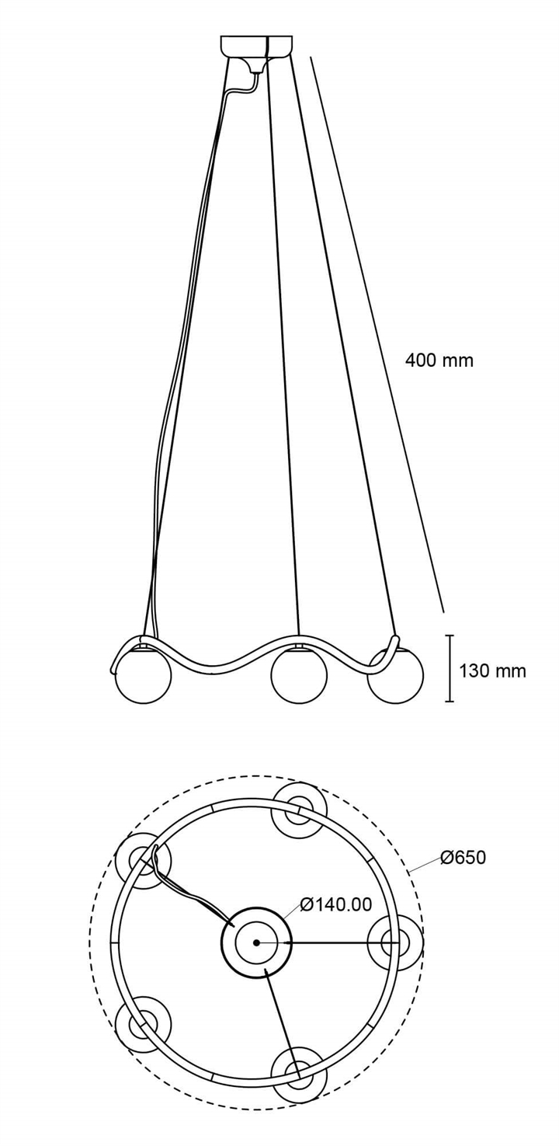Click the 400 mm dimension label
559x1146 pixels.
[439, 361]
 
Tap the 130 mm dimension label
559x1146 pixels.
[492, 671]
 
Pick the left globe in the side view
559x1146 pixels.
[143, 675]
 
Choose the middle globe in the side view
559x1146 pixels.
[299, 675]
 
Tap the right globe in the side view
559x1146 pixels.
[396, 675]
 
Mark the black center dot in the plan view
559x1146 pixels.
[255, 942]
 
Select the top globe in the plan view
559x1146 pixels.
[299, 810]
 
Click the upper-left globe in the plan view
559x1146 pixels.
[143, 861]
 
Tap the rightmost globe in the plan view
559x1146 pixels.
[396, 942]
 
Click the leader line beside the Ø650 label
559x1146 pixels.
[425, 864]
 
